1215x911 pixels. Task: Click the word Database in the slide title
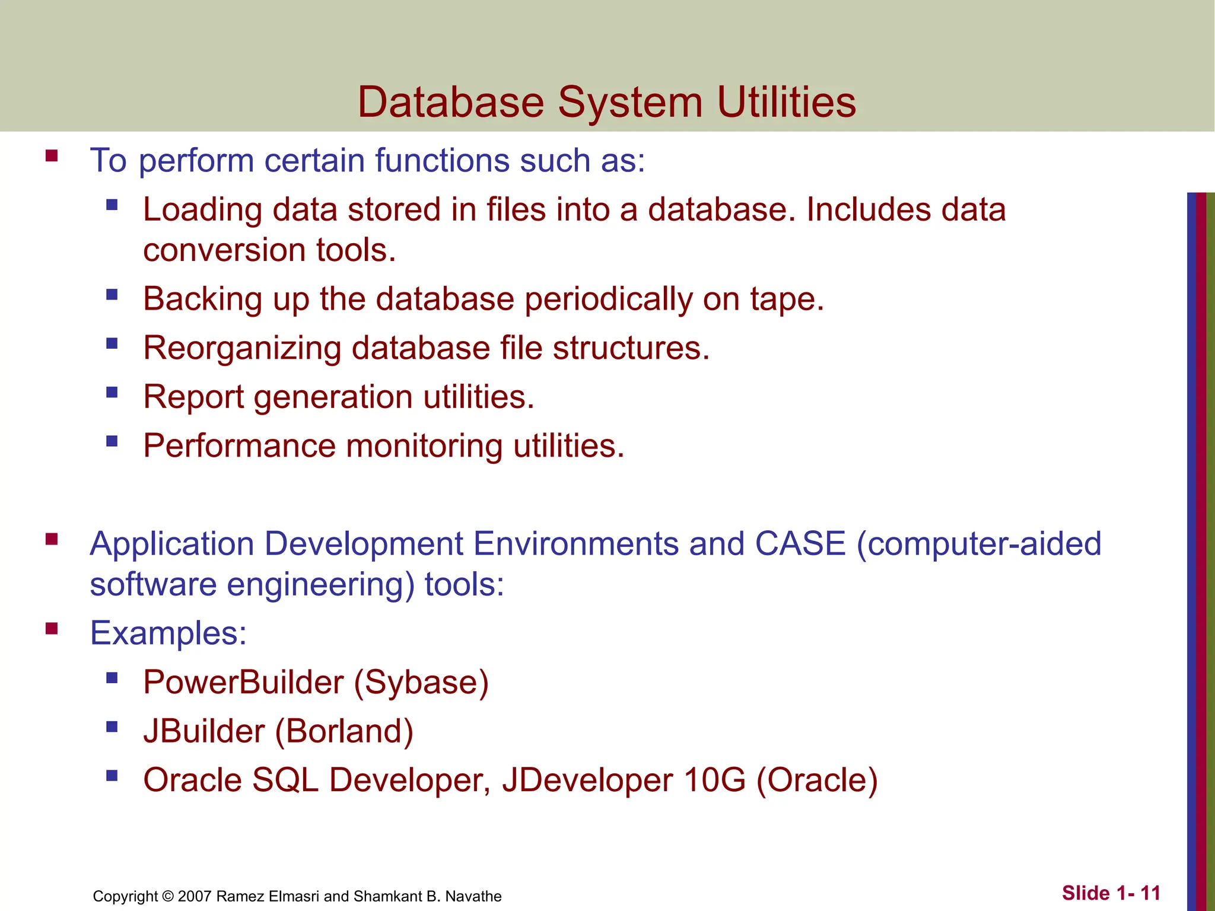pyautogui.click(x=451, y=102)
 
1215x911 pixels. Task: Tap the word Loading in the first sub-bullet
pyautogui.click(x=202, y=210)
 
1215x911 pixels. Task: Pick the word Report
pyautogui.click(x=193, y=397)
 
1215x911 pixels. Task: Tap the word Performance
pyautogui.click(x=239, y=445)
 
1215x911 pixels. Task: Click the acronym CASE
pyautogui.click(x=800, y=543)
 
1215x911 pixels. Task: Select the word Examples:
pyautogui.click(x=168, y=633)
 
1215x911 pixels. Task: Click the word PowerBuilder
pyautogui.click(x=243, y=682)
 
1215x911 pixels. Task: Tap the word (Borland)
pyautogui.click(x=344, y=731)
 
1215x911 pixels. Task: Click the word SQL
pyautogui.click(x=285, y=780)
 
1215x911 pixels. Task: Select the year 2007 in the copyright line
pyautogui.click(x=195, y=896)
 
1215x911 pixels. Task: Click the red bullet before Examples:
pyautogui.click(x=52, y=628)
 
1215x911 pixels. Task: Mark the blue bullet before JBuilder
pyautogui.click(x=112, y=727)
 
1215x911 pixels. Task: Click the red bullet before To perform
pyautogui.click(x=52, y=156)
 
